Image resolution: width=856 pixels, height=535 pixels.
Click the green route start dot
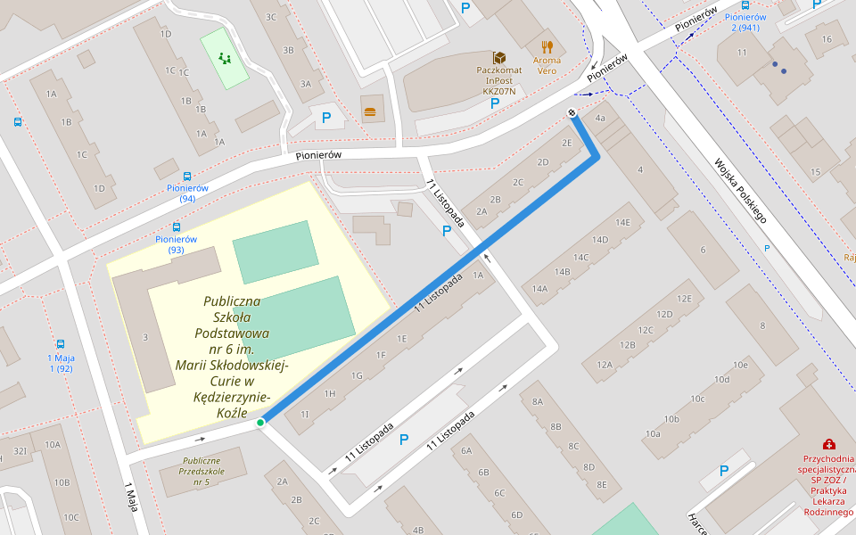click(260, 423)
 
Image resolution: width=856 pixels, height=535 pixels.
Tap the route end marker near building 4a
click(572, 112)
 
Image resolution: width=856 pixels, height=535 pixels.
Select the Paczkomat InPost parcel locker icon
click(499, 57)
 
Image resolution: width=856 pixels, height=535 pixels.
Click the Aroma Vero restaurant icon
click(547, 46)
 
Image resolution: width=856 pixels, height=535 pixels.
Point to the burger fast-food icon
click(370, 111)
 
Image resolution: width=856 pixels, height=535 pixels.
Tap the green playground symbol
click(224, 59)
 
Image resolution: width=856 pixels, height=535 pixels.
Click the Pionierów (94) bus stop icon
click(187, 177)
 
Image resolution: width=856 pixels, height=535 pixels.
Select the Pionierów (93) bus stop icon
click(176, 227)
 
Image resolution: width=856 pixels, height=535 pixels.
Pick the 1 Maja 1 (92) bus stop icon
click(61, 344)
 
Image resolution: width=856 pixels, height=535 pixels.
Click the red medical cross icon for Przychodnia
click(828, 444)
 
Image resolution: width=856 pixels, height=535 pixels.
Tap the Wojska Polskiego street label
click(740, 191)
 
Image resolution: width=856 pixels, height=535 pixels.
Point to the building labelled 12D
click(664, 314)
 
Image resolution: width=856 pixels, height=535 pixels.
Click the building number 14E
click(621, 222)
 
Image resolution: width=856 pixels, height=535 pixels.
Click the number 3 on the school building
click(145, 336)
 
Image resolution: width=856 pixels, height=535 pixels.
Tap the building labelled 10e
click(739, 365)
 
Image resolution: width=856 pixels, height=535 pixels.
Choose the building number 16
click(827, 38)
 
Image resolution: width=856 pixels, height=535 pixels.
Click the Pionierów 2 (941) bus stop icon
click(745, 5)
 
